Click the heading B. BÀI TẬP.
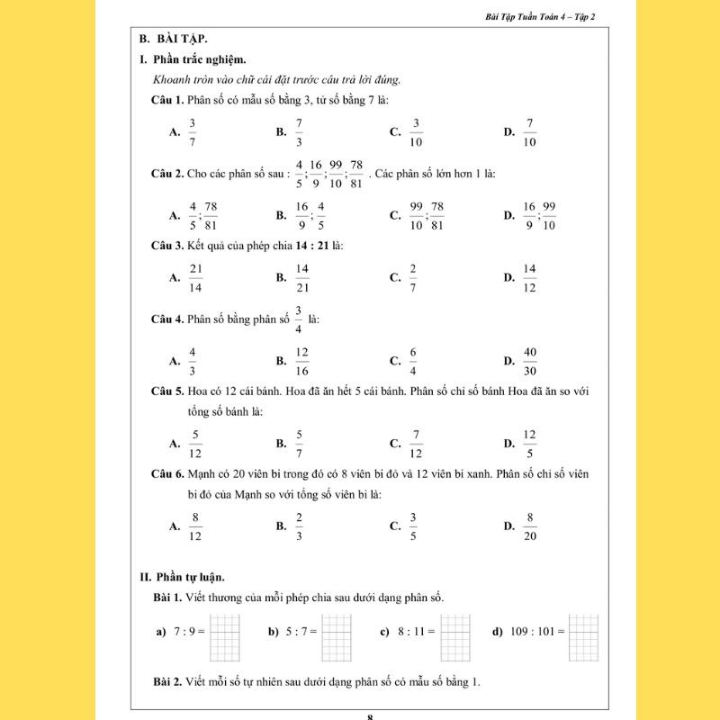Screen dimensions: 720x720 point(174,39)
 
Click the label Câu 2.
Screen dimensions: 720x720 point(167,173)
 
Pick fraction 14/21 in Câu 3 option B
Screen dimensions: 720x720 point(302,278)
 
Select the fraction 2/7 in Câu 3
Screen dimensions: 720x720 point(413,278)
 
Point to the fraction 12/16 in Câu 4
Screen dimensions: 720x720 point(302,360)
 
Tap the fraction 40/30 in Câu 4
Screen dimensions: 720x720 point(530,360)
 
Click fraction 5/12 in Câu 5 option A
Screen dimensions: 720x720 point(194,443)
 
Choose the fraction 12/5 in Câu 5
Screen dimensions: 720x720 point(530,443)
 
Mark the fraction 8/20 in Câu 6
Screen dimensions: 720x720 point(530,526)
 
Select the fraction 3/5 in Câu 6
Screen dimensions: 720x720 point(413,526)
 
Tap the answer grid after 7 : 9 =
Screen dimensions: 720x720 point(225,637)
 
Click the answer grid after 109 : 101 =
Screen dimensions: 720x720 point(584,637)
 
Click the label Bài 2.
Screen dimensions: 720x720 point(168,681)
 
